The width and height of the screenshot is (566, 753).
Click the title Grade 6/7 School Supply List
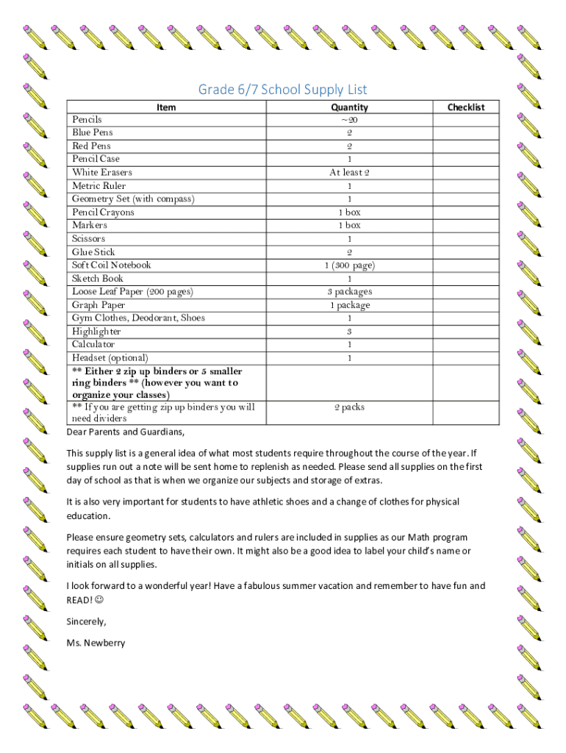282,90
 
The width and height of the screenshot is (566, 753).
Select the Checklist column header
466,107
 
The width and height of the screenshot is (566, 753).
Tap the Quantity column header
349,107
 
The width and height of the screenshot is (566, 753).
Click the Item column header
166,107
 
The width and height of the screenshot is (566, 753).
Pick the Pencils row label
87,119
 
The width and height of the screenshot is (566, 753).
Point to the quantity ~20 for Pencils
349,119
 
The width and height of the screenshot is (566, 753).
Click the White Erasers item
102,172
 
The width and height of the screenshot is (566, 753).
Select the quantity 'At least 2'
349,172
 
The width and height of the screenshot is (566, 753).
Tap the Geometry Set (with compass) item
133,199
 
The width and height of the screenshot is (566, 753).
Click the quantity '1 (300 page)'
349,265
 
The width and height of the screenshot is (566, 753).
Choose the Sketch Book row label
98,279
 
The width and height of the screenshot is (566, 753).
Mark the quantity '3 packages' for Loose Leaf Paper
349,292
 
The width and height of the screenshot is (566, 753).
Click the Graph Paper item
98,305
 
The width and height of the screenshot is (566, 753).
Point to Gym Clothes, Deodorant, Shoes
138,318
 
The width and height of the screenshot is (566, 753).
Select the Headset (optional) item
110,358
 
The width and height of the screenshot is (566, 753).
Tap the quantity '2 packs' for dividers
349,407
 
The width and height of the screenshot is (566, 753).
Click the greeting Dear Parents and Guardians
126,432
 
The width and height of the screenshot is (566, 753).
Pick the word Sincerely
86,622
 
